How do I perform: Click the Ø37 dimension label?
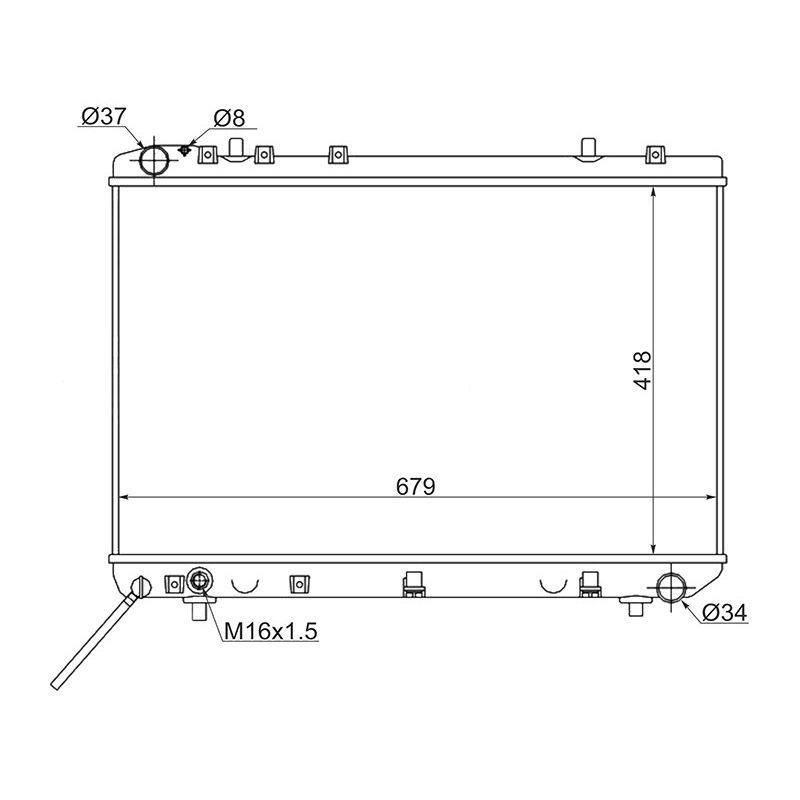coord(103,116)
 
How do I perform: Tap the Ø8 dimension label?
coord(229,118)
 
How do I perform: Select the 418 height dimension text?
coord(643,370)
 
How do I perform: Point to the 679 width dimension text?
coord(416,486)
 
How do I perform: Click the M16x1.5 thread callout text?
coord(271,631)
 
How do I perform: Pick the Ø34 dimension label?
coord(724,613)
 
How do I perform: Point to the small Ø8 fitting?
coord(185,150)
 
